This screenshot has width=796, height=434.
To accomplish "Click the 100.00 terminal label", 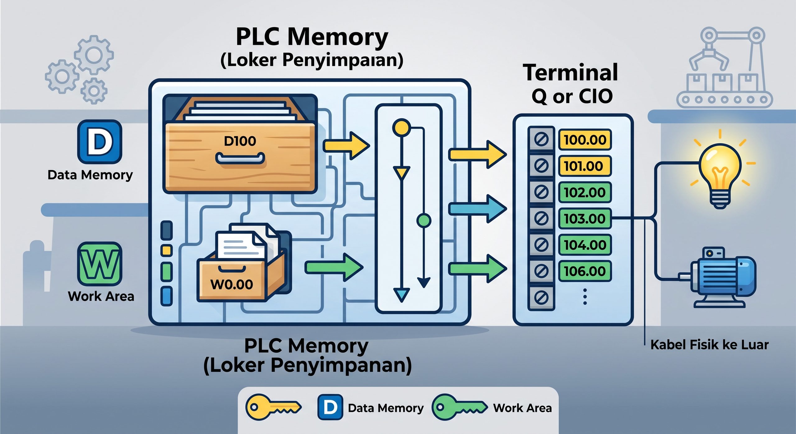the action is click(x=585, y=140).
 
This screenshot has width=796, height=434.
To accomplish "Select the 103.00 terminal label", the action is click(x=585, y=219).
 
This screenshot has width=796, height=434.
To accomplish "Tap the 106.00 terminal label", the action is click(x=585, y=271).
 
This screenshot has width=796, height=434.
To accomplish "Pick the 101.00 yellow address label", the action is click(x=585, y=166).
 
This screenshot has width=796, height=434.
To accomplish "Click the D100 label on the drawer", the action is click(x=240, y=141).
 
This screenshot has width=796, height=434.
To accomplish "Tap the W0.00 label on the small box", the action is click(x=232, y=284).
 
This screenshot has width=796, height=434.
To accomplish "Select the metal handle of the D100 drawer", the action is click(x=240, y=158).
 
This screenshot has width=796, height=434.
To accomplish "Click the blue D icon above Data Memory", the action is click(x=99, y=142).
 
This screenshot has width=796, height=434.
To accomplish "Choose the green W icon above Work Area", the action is click(x=99, y=264).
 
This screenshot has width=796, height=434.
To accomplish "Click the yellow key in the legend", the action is click(x=273, y=407).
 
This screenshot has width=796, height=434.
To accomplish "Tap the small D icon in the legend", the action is click(x=330, y=407).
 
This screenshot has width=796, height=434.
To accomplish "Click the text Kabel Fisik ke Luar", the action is click(x=710, y=345).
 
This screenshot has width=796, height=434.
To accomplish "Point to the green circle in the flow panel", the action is click(x=423, y=220).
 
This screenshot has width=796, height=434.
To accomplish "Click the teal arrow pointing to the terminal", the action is click(x=478, y=208).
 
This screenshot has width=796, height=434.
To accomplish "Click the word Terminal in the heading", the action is click(x=570, y=72).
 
